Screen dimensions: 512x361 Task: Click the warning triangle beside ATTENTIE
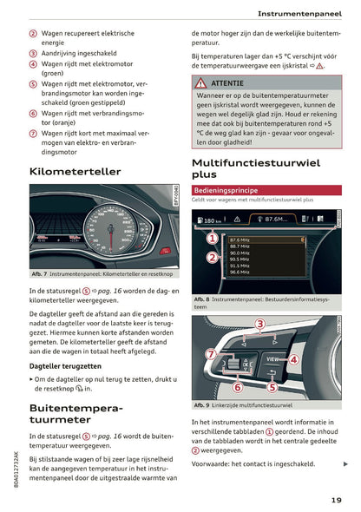200,82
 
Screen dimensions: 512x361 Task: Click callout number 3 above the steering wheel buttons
259,324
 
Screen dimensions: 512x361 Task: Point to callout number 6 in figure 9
237,387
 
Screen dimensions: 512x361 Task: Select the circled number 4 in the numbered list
33,63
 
